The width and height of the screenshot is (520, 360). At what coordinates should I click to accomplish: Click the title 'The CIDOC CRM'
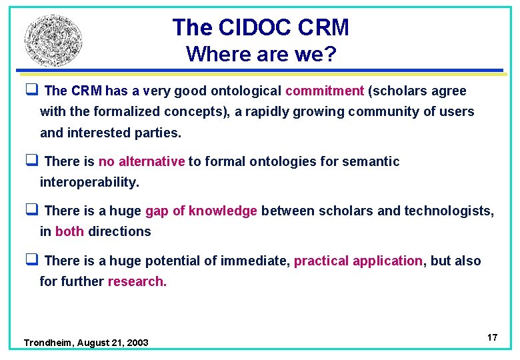260,27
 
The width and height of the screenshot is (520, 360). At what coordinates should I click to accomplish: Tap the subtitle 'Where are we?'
261,53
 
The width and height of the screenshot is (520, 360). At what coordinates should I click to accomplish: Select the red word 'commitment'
325,91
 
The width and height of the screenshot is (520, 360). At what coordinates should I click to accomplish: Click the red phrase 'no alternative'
141,161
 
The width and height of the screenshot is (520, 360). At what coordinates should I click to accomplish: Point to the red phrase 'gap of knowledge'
201,211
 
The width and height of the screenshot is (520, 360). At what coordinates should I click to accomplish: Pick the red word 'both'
69,231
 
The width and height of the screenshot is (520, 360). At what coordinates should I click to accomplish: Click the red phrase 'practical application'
358,261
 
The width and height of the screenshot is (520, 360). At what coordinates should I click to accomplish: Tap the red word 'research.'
137,281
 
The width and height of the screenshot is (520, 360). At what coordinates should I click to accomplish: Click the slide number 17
492,337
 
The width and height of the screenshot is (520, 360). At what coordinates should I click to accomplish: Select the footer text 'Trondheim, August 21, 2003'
86,343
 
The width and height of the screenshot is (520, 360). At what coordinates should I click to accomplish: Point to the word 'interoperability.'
89,182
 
